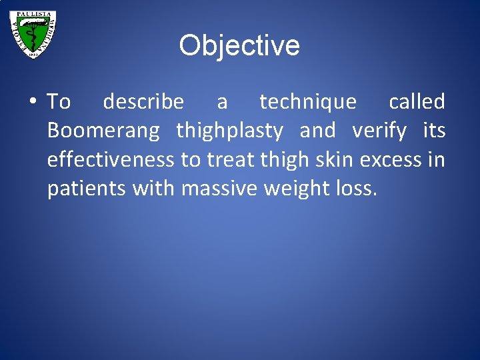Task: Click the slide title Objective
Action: pyautogui.click(x=239, y=46)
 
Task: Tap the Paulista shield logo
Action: pyautogui.click(x=33, y=33)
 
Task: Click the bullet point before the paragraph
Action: pyautogui.click(x=33, y=102)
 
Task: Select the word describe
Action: pyautogui.click(x=143, y=102)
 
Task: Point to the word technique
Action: pyautogui.click(x=307, y=102)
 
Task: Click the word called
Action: pyautogui.click(x=417, y=102)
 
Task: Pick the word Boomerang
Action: pyautogui.click(x=103, y=131)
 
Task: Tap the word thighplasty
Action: pyautogui.click(x=229, y=131)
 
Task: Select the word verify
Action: pyautogui.click(x=379, y=131)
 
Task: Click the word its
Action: pyautogui.click(x=435, y=131)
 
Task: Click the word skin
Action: pyautogui.click(x=337, y=160)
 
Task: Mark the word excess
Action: pyautogui.click(x=396, y=160)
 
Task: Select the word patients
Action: pyautogui.click(x=87, y=189)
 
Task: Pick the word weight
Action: pyautogui.click(x=298, y=189)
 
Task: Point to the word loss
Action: pyautogui.click(x=359, y=189)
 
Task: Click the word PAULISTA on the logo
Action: pyautogui.click(x=33, y=15)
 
